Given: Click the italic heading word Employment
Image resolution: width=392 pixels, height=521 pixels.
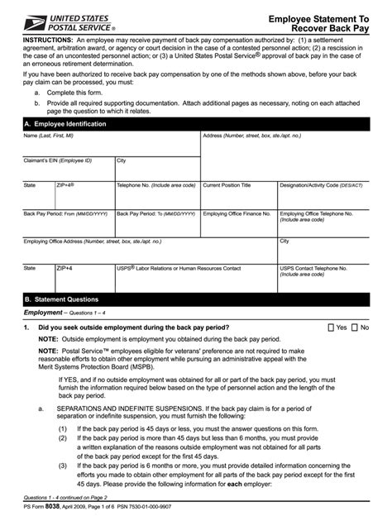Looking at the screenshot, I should click(43, 313).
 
